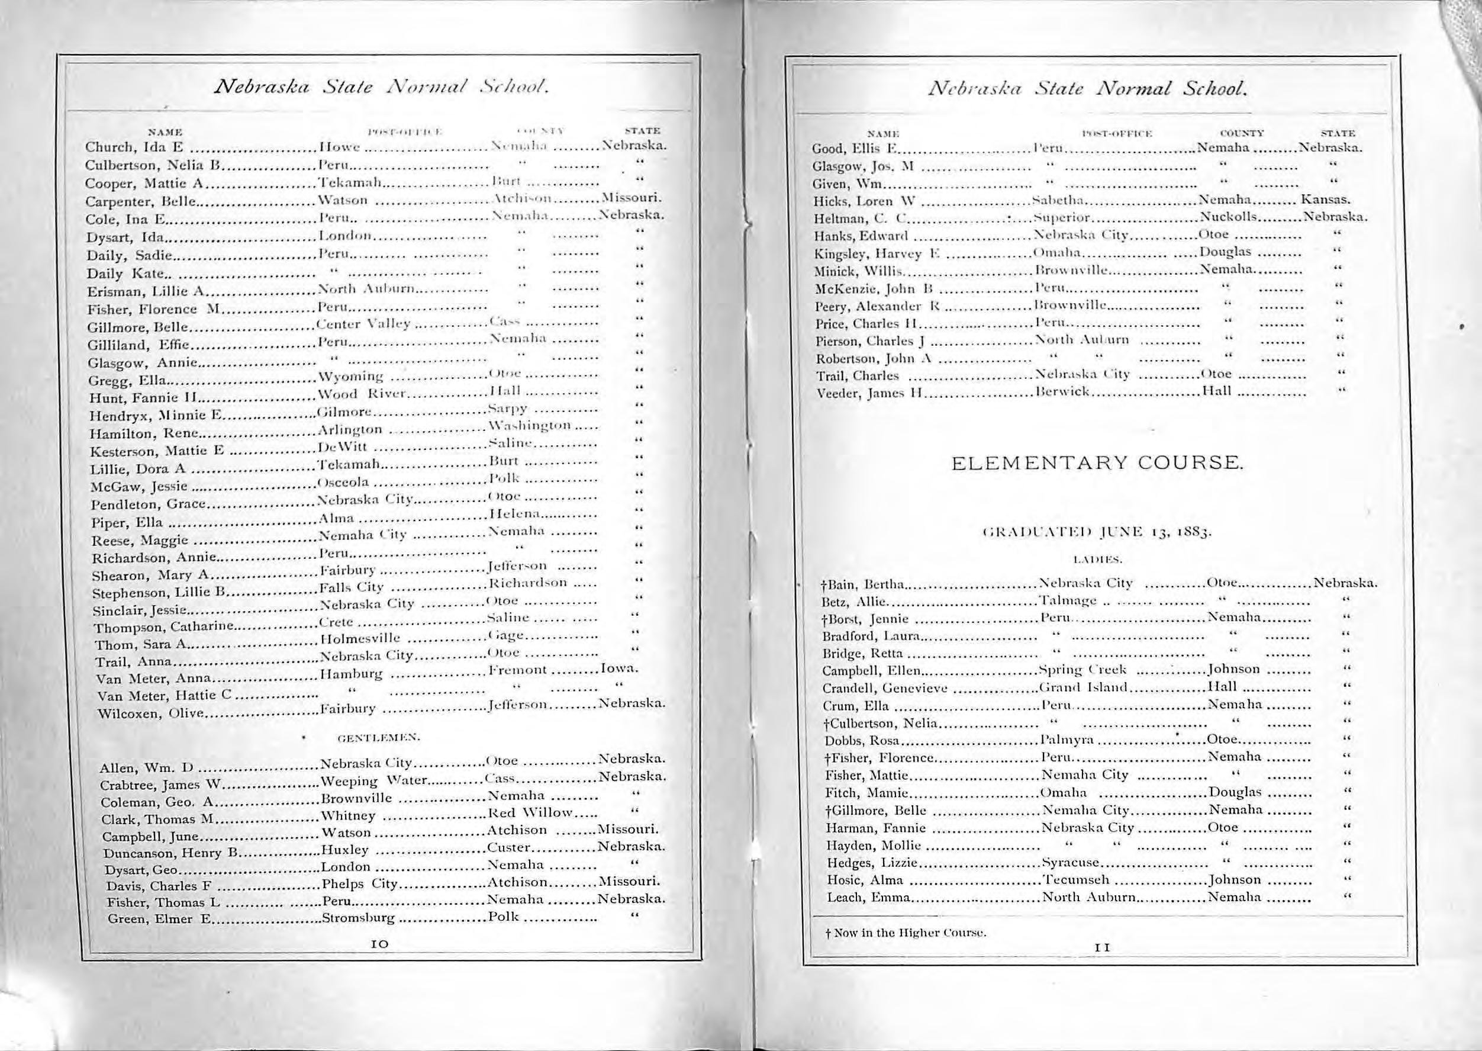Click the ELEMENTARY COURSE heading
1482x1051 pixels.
[1097, 464]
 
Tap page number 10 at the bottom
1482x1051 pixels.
[380, 944]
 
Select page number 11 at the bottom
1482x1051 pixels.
[1101, 947]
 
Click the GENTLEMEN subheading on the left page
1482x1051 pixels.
[379, 737]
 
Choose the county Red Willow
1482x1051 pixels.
[530, 813]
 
